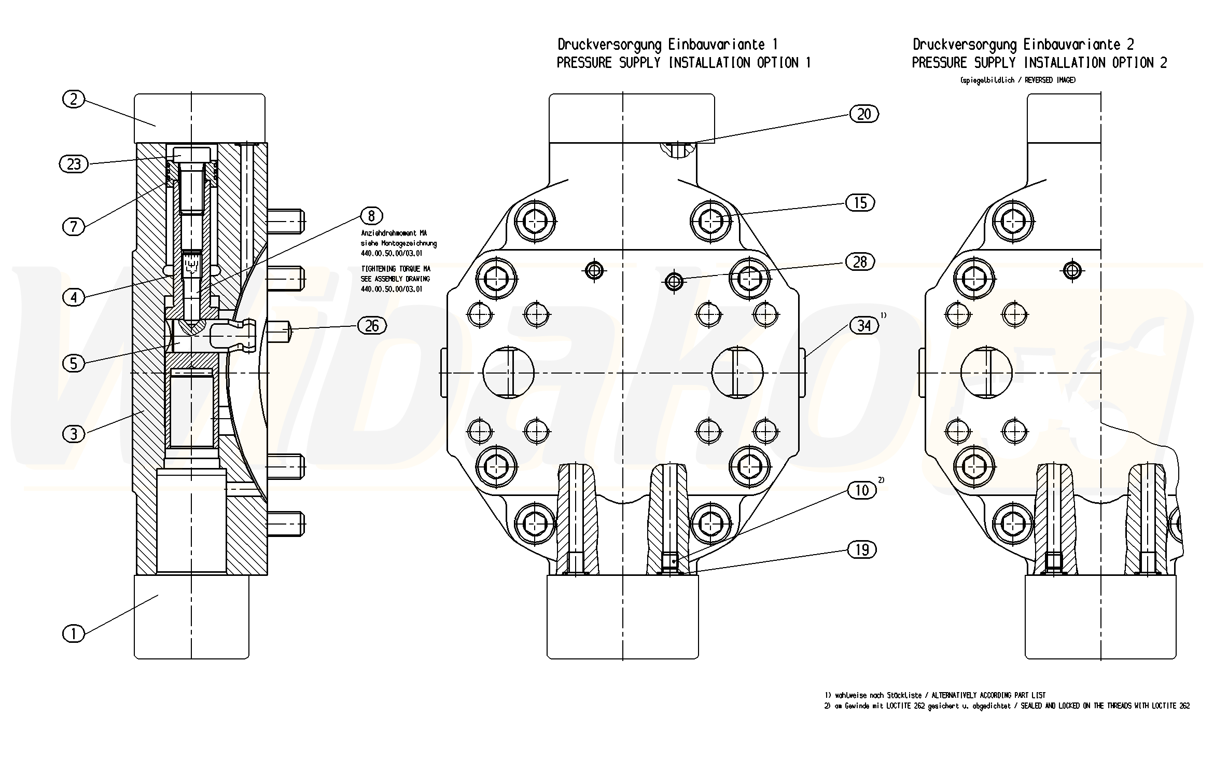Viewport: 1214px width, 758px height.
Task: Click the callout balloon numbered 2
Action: pos(73,99)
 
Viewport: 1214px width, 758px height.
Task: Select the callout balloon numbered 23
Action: pos(74,164)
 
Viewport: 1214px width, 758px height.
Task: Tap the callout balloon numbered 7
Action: pos(73,226)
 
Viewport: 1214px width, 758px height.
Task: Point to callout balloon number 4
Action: pos(73,297)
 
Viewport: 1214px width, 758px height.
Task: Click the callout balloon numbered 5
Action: pos(73,363)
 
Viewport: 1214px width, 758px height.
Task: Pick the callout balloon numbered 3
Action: pos(73,433)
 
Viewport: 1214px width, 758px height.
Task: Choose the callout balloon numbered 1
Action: pos(73,633)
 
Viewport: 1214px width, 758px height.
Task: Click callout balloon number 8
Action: pos(371,215)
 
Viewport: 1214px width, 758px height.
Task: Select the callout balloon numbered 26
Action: pos(372,326)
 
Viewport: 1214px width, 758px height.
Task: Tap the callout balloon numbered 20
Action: pos(864,114)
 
